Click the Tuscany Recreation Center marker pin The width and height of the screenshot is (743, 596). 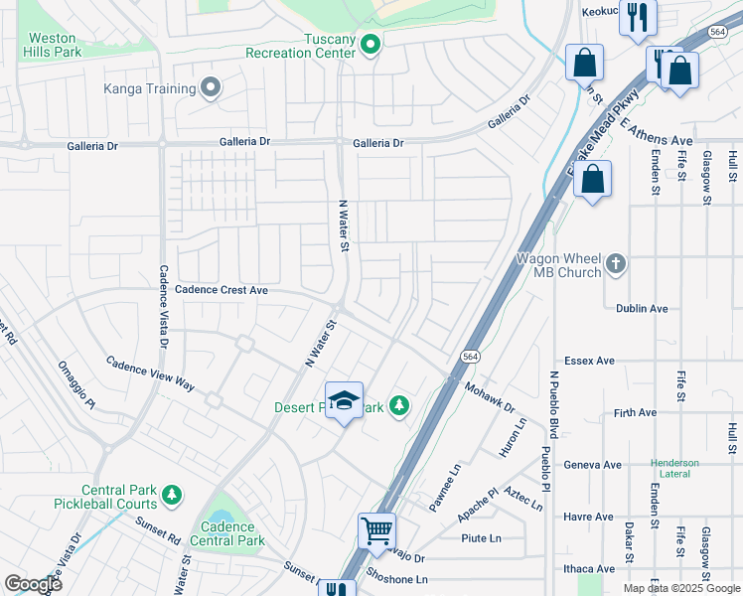click(x=371, y=45)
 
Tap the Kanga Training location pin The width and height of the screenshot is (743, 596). click(x=210, y=88)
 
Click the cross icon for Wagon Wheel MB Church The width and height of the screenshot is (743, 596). click(x=616, y=264)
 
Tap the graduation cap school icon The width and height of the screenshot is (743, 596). click(x=344, y=400)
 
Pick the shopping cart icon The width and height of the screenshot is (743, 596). click(x=377, y=531)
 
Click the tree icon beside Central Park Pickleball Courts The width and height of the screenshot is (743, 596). click(x=172, y=495)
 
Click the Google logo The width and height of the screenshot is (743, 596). click(x=33, y=583)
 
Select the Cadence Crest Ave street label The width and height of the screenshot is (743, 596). click(x=222, y=290)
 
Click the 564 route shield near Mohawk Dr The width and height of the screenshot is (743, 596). click(x=471, y=355)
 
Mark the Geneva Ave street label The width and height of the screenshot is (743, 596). click(x=592, y=464)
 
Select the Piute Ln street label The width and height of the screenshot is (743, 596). click(x=481, y=538)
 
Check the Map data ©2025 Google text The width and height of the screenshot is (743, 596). click(x=680, y=588)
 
